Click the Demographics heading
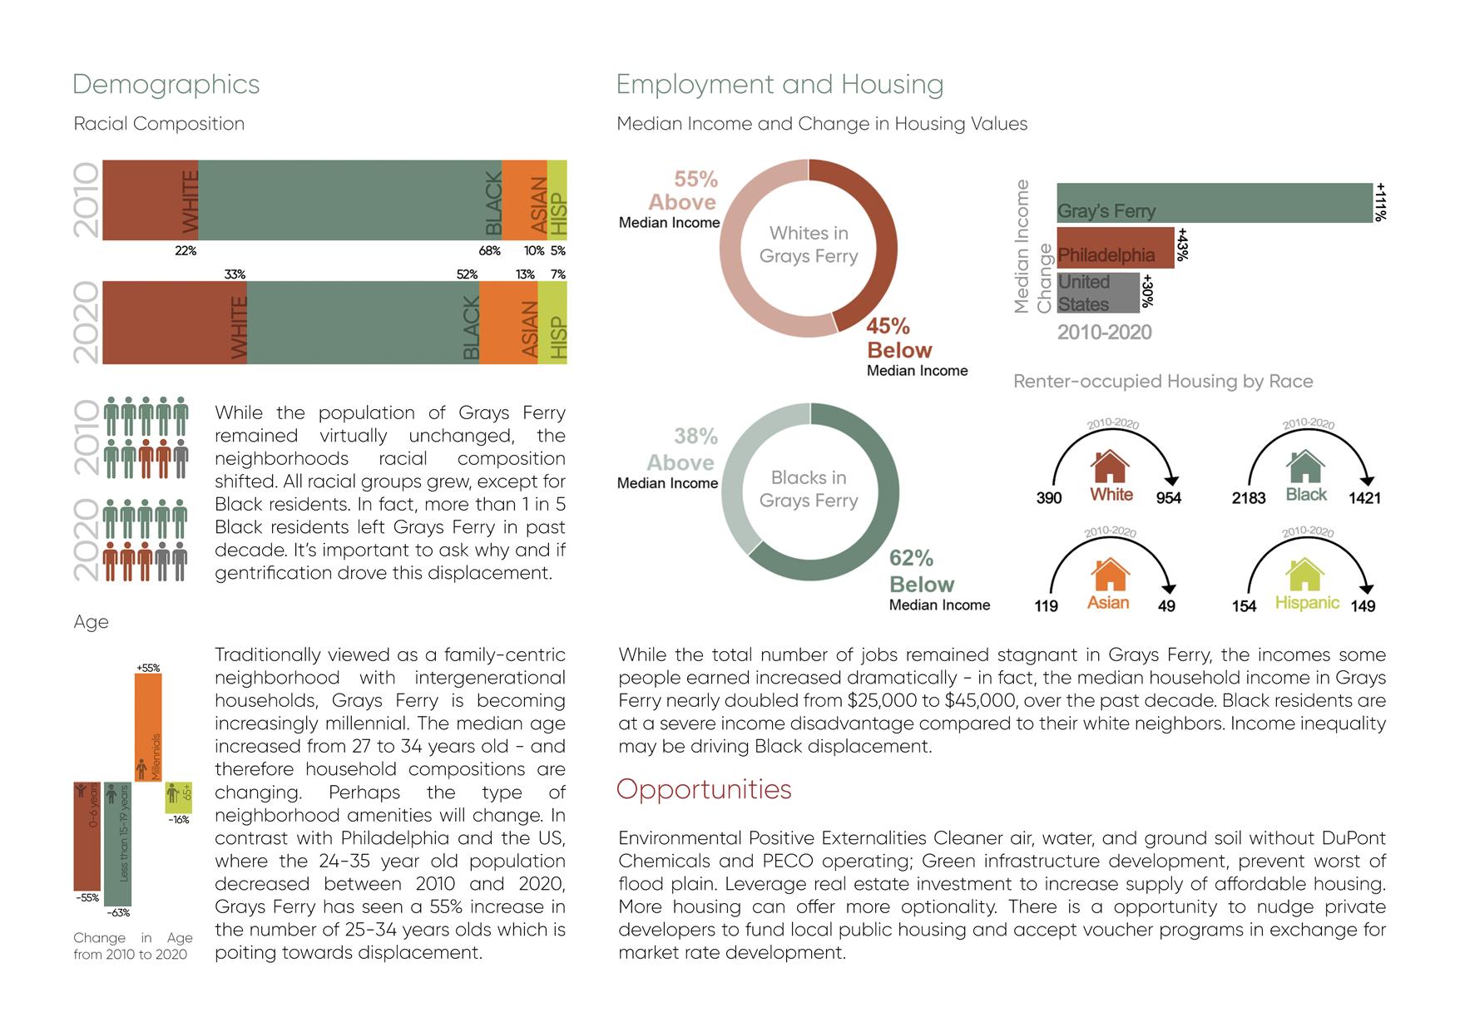coord(166,85)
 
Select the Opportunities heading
coord(704,789)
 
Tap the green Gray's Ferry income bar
coord(1214,202)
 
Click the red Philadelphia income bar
coord(1115,247)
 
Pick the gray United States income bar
coord(1097,293)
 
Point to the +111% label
coord(1381,202)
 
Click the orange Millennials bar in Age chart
coord(148,727)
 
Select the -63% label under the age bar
coord(118,912)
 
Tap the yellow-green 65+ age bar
coord(178,797)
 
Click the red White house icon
coord(1111,467)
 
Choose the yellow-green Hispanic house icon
coord(1304,575)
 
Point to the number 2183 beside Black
coord(1248,498)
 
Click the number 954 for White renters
coord(1168,498)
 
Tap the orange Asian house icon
coord(1110,575)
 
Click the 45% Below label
coord(898,338)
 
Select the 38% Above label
coord(682,449)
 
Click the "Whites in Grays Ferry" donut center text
coord(808,244)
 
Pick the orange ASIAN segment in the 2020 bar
coord(509,323)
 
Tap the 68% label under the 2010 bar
coord(489,251)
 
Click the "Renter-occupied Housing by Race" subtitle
coord(1163,382)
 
